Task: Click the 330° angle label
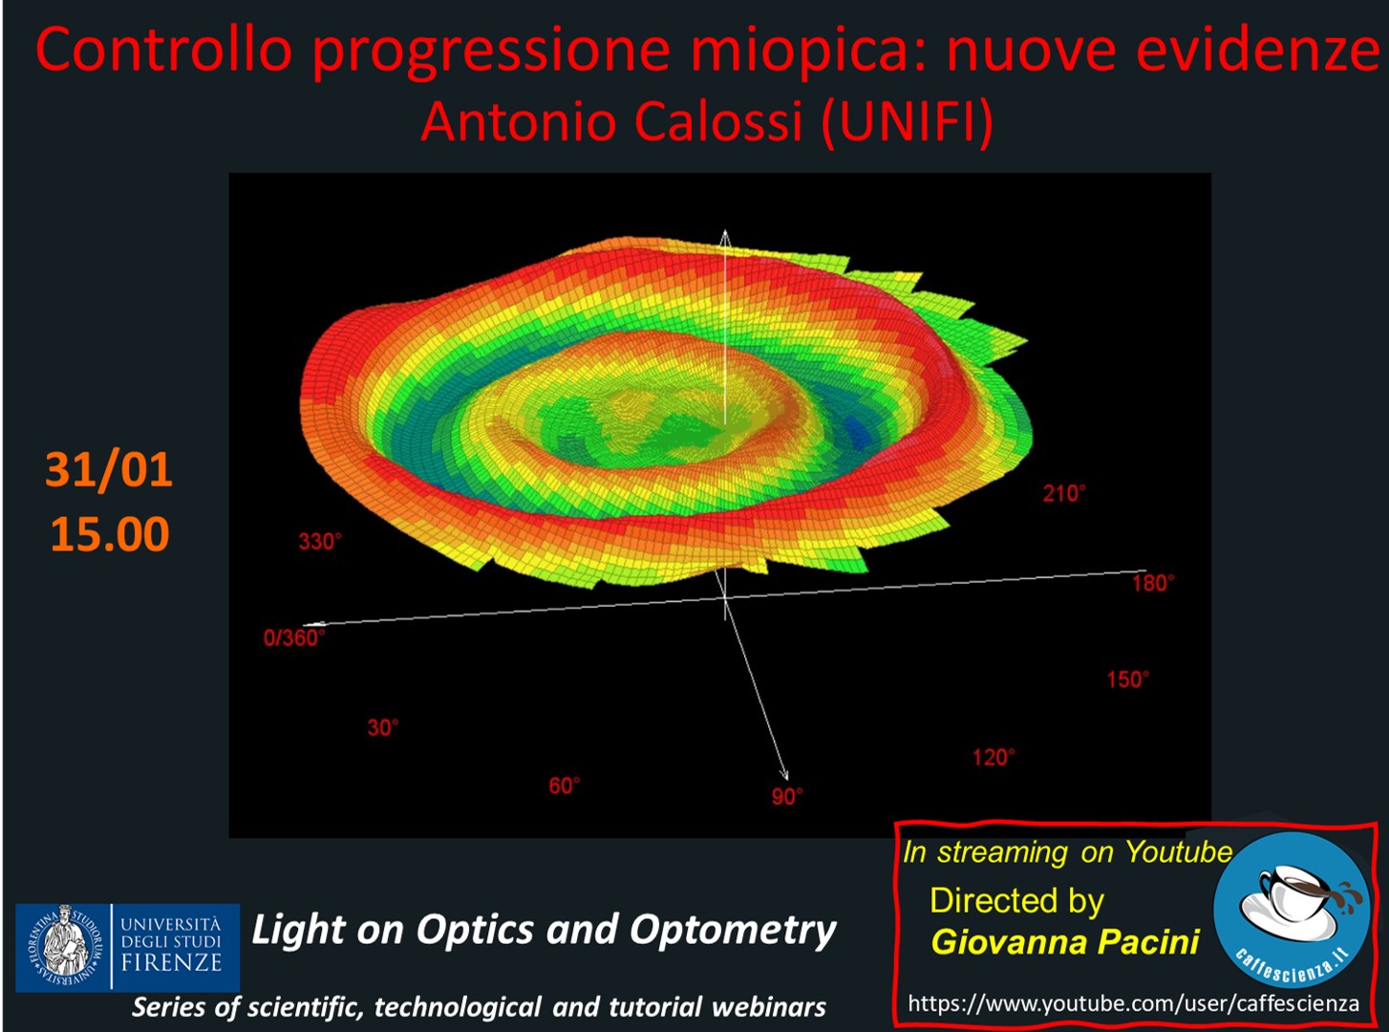[320, 542]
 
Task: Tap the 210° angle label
[1064, 494]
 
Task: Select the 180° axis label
[1153, 583]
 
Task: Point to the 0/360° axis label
[294, 638]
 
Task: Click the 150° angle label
[1128, 679]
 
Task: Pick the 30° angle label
[383, 727]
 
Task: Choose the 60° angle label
[565, 785]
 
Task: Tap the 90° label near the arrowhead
[787, 796]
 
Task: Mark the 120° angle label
[994, 758]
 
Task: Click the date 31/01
[109, 469]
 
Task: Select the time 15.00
[110, 534]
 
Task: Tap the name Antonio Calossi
[611, 121]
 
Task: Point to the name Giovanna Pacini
[1065, 941]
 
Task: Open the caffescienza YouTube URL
[1134, 1003]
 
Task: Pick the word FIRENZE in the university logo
[172, 962]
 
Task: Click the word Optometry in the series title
[733, 930]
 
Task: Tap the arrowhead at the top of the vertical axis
[725, 234]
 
